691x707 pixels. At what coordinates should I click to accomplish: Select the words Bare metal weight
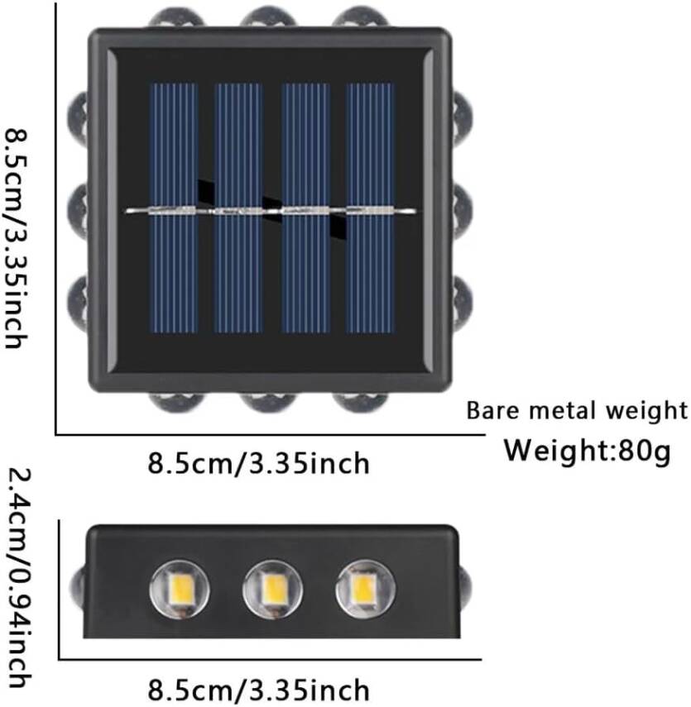578,410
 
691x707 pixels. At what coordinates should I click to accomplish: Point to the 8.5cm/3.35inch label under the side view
258,689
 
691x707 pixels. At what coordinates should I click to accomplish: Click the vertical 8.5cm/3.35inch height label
18,237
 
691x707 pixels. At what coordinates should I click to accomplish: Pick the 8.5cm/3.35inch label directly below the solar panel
258,463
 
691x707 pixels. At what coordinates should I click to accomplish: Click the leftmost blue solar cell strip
174,207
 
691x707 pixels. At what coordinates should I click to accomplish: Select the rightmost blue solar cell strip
370,207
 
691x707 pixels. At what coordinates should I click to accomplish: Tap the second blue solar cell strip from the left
239,207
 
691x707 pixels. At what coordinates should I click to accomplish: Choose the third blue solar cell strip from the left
305,207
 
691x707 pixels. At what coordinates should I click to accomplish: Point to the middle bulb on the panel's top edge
272,17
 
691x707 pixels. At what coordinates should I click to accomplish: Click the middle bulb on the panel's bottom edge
272,403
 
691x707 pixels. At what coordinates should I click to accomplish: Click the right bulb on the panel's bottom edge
365,403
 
